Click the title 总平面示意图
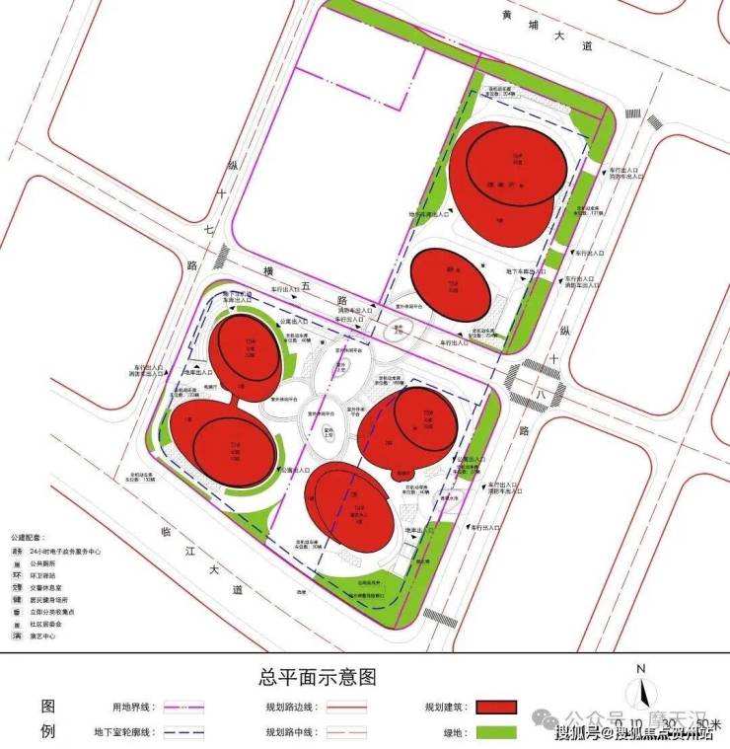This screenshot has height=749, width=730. tap(317, 677)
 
